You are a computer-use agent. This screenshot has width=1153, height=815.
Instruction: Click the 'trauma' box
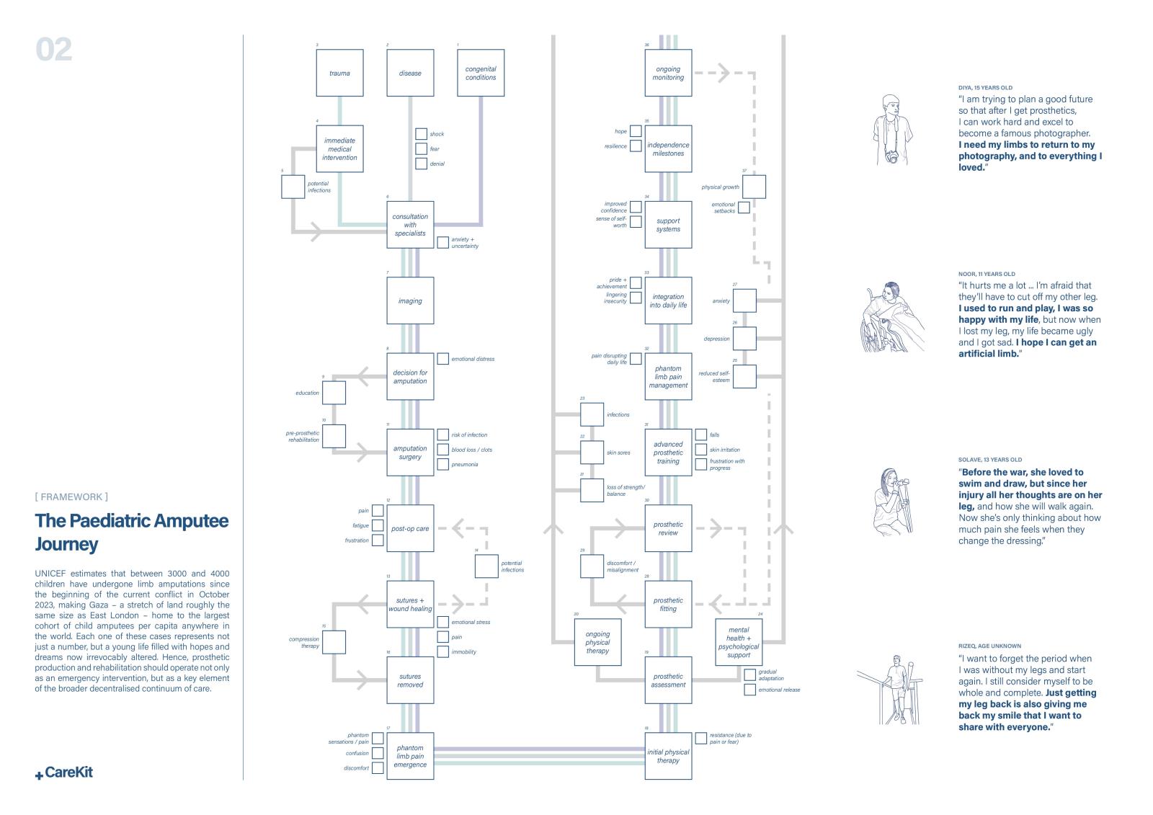point(339,73)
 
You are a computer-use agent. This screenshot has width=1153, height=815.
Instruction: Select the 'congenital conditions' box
point(481,73)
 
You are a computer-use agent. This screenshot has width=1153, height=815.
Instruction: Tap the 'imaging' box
point(410,300)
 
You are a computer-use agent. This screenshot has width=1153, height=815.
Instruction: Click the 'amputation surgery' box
point(410,453)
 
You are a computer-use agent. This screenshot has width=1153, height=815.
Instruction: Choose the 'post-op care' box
point(410,528)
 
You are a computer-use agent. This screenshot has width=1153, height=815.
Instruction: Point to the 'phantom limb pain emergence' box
point(410,756)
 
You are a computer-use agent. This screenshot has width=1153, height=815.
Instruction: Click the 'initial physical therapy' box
point(668,756)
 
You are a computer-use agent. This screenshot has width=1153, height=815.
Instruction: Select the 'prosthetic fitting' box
point(668,604)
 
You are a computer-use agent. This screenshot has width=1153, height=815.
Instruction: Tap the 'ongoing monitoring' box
point(668,73)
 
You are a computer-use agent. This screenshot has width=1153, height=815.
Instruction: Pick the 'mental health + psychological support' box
point(739,642)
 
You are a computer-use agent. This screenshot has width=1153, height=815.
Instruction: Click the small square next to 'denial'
point(421,164)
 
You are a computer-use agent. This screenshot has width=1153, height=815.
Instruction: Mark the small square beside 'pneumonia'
point(443,464)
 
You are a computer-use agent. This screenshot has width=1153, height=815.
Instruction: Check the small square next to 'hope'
point(636,131)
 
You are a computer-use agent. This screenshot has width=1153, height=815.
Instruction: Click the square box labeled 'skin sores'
point(592,453)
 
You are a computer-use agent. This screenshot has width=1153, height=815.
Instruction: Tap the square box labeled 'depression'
point(744,339)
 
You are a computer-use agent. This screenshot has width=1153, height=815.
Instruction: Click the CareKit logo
point(64,772)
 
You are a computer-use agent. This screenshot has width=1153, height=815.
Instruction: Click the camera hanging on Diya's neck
point(892,157)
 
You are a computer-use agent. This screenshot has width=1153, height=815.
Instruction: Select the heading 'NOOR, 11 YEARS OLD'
point(987,275)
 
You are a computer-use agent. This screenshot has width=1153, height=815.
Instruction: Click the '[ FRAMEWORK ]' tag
point(71,496)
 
